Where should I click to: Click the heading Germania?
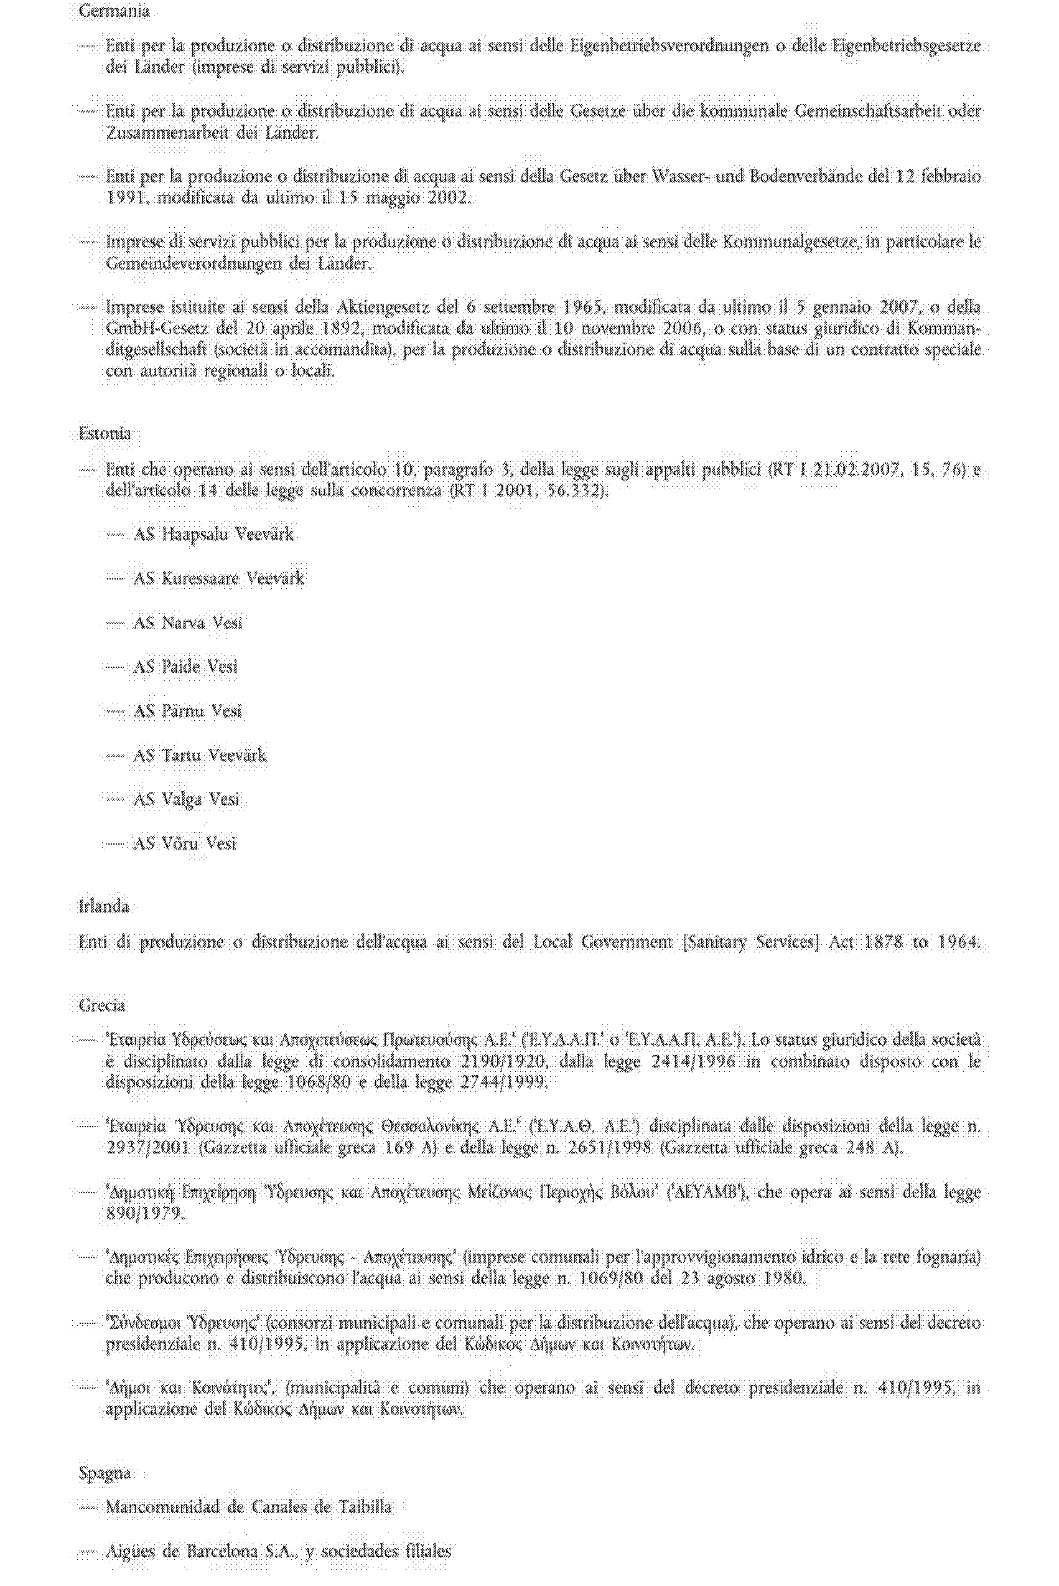click(x=113, y=11)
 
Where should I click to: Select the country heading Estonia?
click(x=105, y=433)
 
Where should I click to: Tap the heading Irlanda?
click(x=103, y=906)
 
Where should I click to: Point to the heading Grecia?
click(x=102, y=1005)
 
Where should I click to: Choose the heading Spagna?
click(x=104, y=1473)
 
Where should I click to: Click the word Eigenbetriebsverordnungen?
click(x=669, y=46)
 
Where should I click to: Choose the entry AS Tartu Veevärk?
click(x=199, y=754)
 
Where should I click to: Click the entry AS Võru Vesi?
click(x=184, y=843)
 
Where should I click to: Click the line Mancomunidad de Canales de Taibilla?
click(x=248, y=1507)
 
